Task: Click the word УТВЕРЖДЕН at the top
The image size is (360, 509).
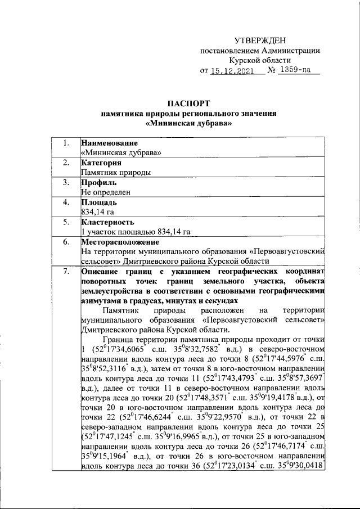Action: click(x=260, y=40)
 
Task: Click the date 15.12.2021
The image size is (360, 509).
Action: click(x=232, y=71)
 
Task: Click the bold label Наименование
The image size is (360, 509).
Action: click(x=110, y=143)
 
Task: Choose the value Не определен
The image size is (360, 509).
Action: click(x=106, y=192)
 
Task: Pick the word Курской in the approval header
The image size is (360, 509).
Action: click(x=242, y=60)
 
